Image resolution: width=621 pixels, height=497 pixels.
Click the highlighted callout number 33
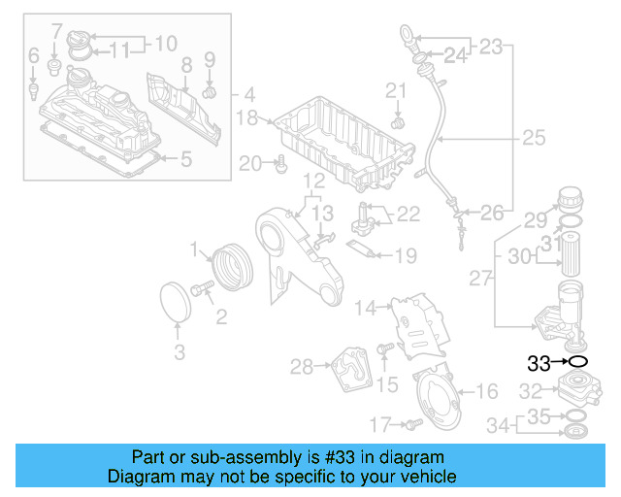(539, 364)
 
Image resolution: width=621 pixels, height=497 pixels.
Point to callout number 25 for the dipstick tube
(535, 138)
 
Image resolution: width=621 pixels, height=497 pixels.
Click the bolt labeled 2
(204, 288)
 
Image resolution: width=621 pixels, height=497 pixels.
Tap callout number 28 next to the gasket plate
(301, 366)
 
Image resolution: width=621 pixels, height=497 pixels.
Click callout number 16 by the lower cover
(487, 391)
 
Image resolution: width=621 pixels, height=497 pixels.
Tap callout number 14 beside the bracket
(364, 309)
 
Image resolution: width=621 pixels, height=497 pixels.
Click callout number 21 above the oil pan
(395, 92)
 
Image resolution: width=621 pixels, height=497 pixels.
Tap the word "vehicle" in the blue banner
(429, 478)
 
